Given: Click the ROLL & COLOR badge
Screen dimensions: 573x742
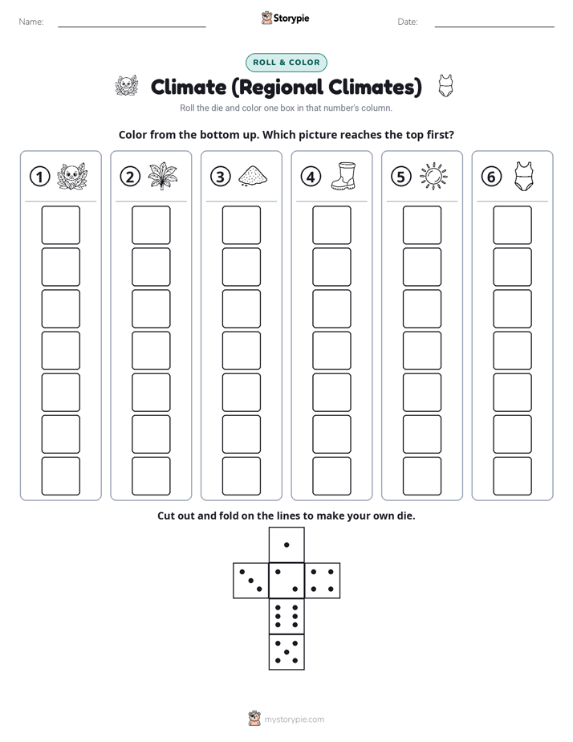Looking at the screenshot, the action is (286, 63).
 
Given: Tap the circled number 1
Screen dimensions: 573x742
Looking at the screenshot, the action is (39, 177).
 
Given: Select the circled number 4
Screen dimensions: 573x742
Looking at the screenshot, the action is (311, 177).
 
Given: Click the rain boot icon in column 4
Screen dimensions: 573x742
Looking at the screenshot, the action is (343, 176).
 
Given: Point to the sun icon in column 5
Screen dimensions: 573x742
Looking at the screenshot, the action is (433, 177).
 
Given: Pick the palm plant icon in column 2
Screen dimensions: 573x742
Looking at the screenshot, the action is (162, 176).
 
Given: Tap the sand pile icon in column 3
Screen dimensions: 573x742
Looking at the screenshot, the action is (253, 176).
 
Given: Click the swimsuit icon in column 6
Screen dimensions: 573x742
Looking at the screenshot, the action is (523, 176).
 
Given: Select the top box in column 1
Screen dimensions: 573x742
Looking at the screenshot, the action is (60, 225).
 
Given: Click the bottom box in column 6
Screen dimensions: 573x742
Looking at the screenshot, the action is (512, 476).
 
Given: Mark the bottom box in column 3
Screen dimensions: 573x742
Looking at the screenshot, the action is (241, 476).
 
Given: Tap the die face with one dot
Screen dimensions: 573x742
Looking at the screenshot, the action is (286, 545).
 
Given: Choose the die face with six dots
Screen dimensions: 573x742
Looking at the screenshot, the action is (286, 616).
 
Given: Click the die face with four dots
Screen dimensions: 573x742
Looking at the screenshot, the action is (322, 580).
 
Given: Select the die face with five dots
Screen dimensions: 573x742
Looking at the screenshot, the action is (286, 651).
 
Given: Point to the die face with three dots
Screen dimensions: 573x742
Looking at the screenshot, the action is (251, 580).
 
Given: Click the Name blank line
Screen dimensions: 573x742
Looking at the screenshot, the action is (132, 26).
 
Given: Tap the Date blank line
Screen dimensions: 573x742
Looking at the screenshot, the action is (494, 26).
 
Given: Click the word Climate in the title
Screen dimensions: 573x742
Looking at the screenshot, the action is (189, 87).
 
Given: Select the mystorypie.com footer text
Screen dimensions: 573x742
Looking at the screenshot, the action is (294, 720).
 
